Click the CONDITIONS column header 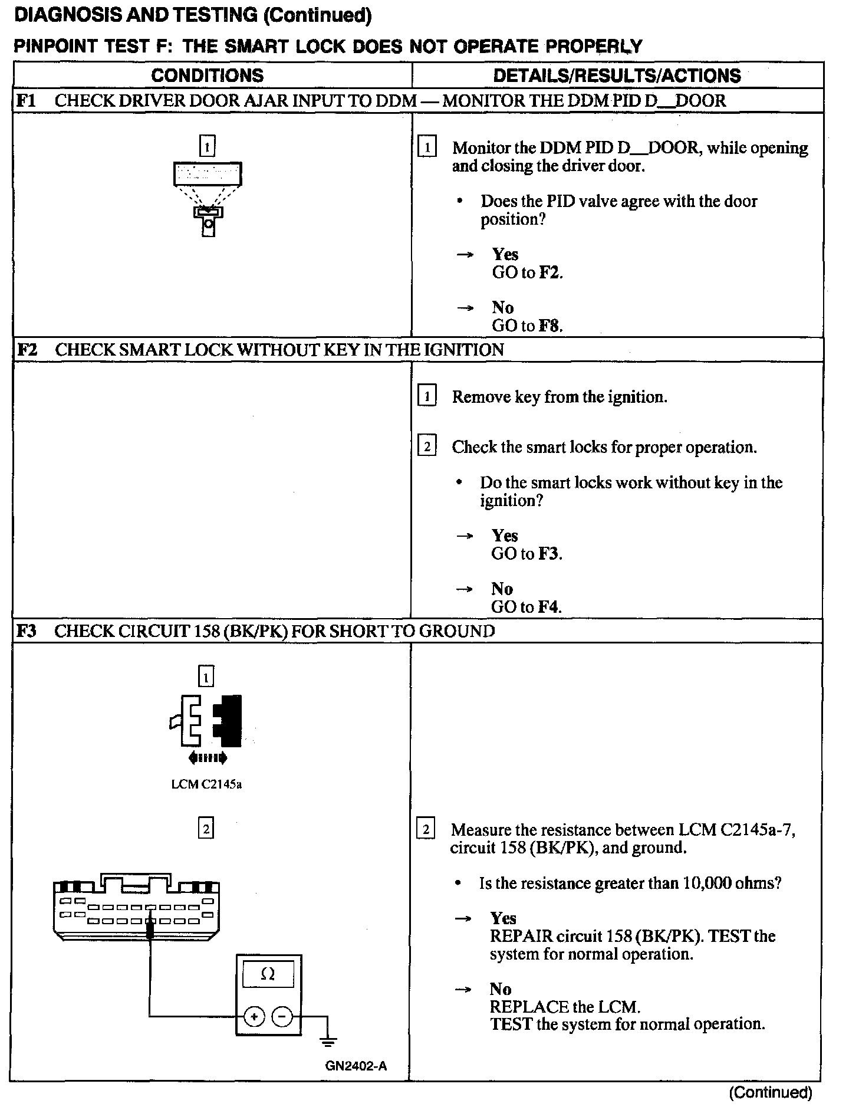(207, 75)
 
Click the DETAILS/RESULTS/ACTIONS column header (617, 75)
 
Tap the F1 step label (27, 100)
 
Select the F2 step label (27, 350)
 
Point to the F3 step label (27, 631)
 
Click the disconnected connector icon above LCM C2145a (206, 721)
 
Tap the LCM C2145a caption (206, 784)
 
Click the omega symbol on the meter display (268, 974)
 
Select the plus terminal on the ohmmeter (254, 1017)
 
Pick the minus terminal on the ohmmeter (282, 1017)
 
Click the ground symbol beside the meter (328, 1042)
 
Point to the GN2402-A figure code (356, 1066)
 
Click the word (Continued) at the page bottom (770, 1092)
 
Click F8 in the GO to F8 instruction (551, 326)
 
